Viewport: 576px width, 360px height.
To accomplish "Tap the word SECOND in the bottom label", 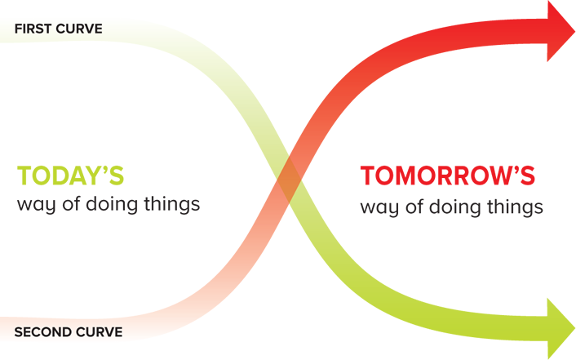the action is coord(38,332).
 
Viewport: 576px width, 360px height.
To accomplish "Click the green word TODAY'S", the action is coord(70,176).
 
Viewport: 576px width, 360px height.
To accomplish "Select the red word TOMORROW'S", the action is coord(447,176).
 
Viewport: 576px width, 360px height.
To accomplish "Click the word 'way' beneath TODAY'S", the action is coord(36,205).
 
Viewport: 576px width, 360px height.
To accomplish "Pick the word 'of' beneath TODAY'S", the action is coord(72,203).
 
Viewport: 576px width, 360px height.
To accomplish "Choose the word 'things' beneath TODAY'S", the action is coord(172,204).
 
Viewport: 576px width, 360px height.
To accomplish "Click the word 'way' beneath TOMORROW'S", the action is coord(379,208).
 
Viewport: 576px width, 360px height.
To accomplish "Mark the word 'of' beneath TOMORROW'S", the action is coord(414,206).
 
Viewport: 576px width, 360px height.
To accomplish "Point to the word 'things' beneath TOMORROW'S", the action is coord(515,207).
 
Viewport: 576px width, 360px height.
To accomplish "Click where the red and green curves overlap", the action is coord(289,180).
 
